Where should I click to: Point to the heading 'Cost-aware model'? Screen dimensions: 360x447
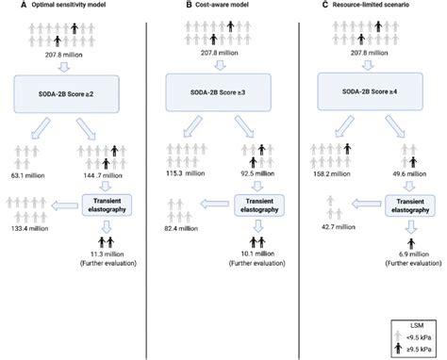[205, 7]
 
